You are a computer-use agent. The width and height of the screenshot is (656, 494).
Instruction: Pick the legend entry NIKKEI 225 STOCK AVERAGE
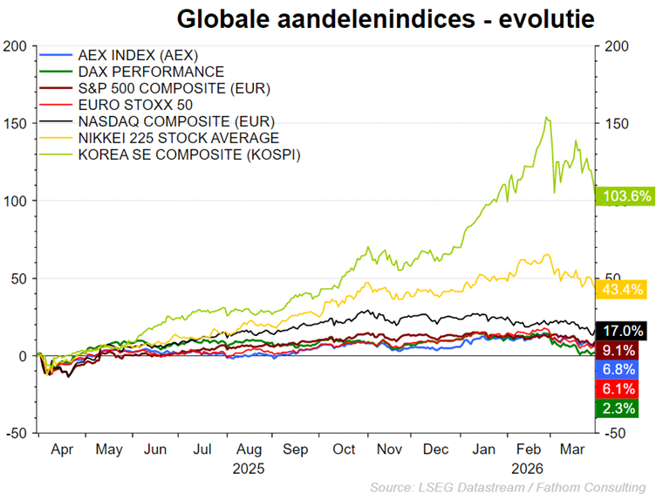point(178,138)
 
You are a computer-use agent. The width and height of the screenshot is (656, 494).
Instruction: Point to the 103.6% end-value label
point(624,196)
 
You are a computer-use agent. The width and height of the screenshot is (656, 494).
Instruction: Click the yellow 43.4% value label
point(619,289)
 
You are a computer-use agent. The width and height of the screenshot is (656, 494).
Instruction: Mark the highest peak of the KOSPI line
point(546,117)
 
